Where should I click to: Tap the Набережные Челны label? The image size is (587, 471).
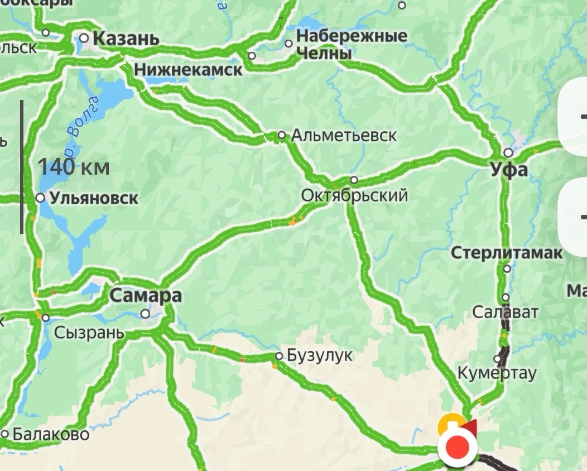coord(352,45)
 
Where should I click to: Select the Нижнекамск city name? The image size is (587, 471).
coord(189,70)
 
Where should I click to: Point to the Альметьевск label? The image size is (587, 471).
coord(344,135)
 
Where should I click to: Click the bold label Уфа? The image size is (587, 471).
coord(509,170)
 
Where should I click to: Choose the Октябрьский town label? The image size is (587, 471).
coord(354,196)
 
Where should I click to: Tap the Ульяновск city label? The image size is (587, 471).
coord(94,198)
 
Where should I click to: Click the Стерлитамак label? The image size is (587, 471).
coord(507,253)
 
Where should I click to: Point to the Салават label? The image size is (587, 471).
coord(505,312)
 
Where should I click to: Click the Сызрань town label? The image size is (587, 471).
coord(89,333)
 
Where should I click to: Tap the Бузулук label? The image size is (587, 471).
coord(320,356)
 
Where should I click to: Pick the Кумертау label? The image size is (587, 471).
coord(497,373)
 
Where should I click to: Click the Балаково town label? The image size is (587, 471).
coord(50,434)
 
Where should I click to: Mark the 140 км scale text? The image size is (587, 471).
coord(74,167)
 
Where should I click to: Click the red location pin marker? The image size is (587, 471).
coord(458,447)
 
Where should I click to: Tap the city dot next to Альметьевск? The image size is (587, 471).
coord(282,135)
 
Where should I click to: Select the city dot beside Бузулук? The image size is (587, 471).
coord(279,356)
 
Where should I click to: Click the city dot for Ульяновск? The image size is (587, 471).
coord(40,198)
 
